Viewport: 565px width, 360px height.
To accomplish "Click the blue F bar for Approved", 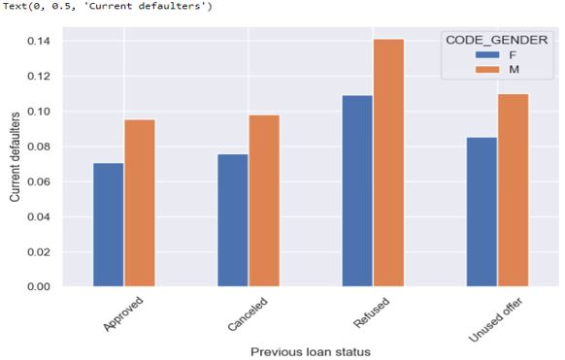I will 109,225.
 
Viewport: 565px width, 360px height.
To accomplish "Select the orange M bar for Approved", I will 139,203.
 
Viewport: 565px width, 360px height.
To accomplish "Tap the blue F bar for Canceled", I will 233,220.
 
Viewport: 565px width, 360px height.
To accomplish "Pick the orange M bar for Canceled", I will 264,201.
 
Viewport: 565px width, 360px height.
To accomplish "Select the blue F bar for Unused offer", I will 482,212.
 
